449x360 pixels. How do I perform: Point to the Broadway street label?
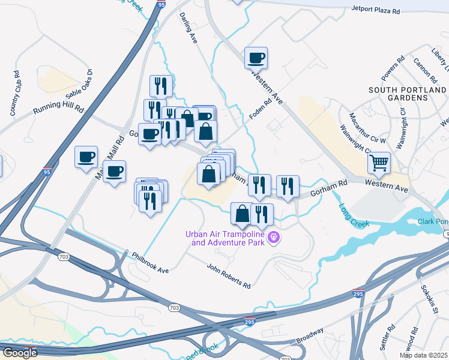309,336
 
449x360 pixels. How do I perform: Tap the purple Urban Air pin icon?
274,238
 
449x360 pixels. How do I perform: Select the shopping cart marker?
379,162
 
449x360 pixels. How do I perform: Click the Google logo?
20,353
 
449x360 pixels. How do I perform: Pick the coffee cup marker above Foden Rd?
256,58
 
